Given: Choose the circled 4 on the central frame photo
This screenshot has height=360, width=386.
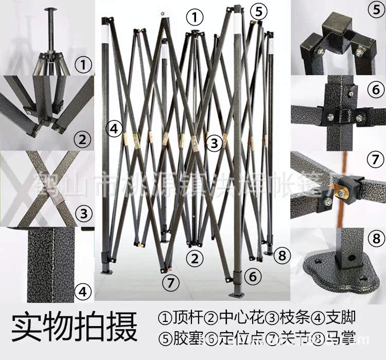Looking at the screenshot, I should click(x=114, y=128).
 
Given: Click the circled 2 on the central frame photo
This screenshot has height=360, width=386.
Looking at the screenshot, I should click(x=194, y=259).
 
